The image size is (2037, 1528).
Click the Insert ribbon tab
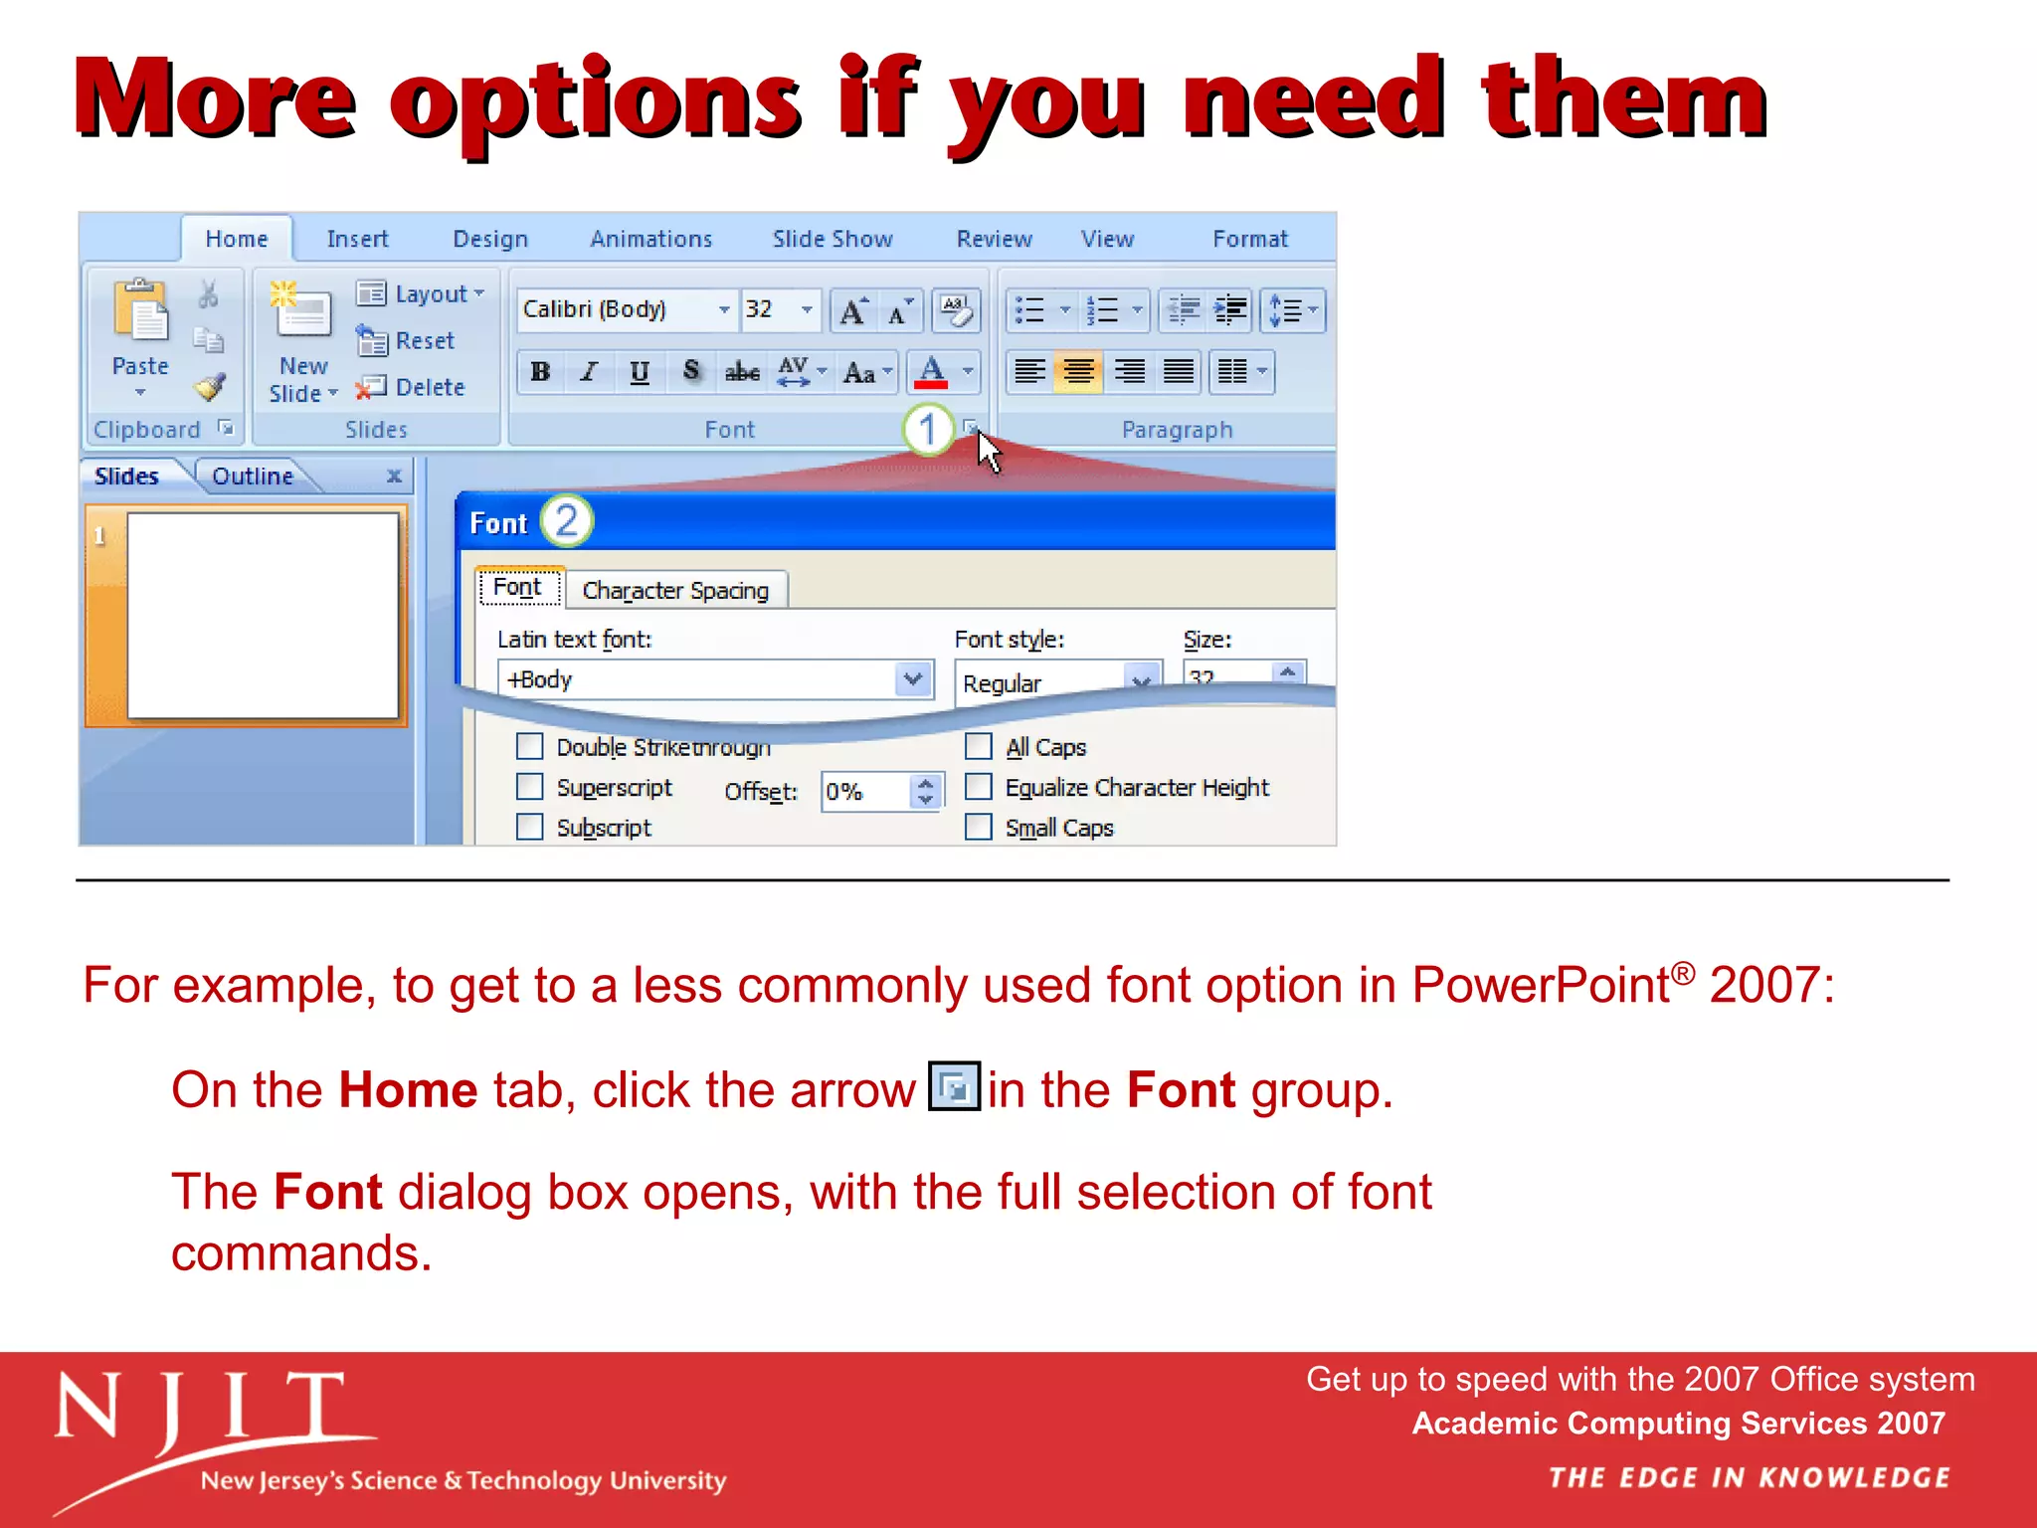tap(357, 239)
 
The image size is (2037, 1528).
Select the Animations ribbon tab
tap(650, 239)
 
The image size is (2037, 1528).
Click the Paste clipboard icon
tap(140, 311)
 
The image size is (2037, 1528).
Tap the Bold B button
tap(540, 372)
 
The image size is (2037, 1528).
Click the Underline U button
tap(640, 372)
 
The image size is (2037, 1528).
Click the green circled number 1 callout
tap(927, 430)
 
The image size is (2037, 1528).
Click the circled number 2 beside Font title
tap(566, 520)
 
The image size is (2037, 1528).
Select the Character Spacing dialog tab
tap(675, 590)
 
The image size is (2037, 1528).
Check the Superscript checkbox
tap(530, 787)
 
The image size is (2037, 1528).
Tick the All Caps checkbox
tap(979, 746)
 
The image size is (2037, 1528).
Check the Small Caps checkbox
tap(979, 828)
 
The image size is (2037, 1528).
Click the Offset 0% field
tap(863, 792)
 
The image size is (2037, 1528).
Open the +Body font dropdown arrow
tap(912, 679)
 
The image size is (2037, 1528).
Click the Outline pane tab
tap(253, 477)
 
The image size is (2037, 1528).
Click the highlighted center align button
tap(1078, 372)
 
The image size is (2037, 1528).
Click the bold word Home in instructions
tap(408, 1090)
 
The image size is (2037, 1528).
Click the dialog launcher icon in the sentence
tap(954, 1086)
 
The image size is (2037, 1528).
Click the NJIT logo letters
tap(199, 1411)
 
